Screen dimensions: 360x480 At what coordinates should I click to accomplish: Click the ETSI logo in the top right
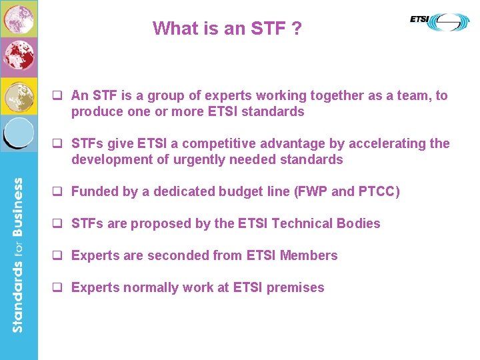(439, 21)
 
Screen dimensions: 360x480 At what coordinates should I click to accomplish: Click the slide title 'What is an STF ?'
(227, 28)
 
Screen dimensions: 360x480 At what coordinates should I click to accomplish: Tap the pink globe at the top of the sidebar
(18, 19)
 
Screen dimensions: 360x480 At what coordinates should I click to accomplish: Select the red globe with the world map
(18, 57)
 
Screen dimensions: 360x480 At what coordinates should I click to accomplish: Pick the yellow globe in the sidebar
(18, 96)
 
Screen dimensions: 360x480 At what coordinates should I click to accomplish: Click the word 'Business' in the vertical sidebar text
(18, 207)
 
